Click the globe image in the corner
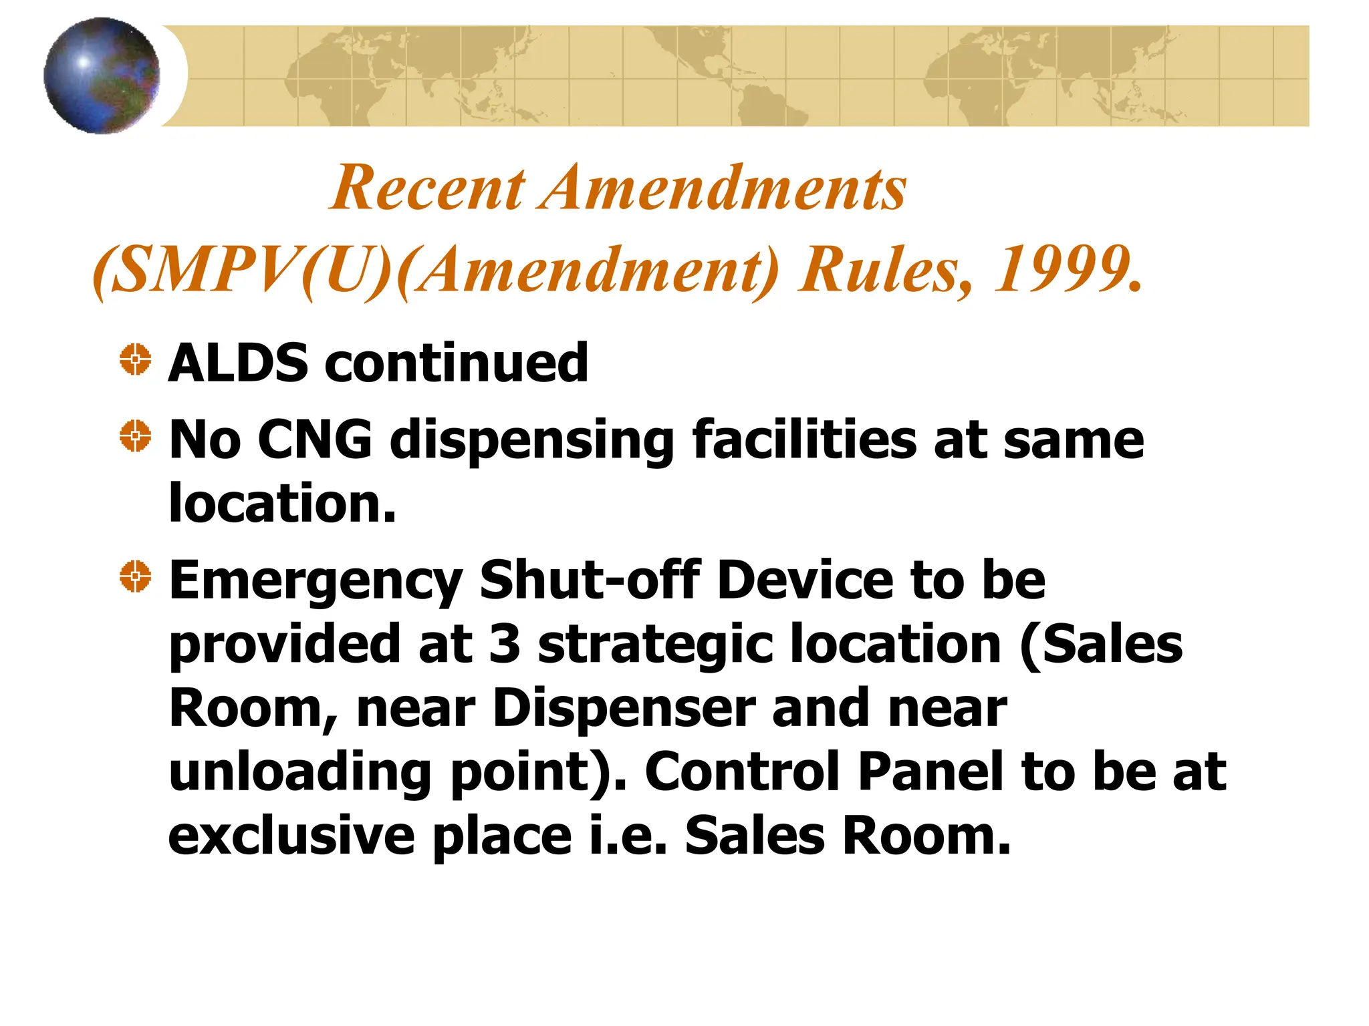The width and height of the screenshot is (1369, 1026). coord(102,75)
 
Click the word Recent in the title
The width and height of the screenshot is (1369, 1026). coord(428,188)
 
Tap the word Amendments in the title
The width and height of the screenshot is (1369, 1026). coord(725,188)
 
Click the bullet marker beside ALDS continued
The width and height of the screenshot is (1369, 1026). coord(135,360)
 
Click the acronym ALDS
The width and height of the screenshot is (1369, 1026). coord(238,363)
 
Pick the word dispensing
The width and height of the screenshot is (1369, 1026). coord(532,441)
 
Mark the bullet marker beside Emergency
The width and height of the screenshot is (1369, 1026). coord(135,576)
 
